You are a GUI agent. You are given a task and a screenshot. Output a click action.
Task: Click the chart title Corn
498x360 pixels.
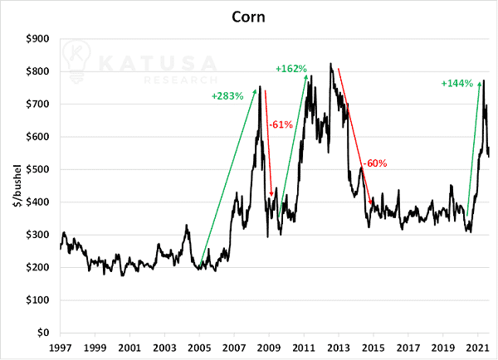click(x=248, y=17)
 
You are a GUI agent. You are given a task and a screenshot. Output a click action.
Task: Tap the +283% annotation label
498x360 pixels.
click(x=227, y=96)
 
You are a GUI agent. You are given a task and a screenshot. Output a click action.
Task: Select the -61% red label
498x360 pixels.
click(x=281, y=124)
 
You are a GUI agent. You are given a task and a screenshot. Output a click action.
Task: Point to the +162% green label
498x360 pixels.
click(x=291, y=69)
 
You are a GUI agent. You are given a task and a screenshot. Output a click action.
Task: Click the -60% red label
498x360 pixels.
click(x=375, y=163)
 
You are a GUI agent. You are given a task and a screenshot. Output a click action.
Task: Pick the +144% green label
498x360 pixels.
click(x=457, y=84)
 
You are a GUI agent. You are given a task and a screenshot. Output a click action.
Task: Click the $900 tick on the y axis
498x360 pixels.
click(x=37, y=39)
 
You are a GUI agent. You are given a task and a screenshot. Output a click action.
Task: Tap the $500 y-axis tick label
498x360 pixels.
click(x=37, y=169)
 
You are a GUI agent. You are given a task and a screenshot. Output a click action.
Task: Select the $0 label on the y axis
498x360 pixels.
click(x=43, y=333)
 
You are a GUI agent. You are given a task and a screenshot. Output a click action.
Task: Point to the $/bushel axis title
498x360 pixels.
click(x=17, y=186)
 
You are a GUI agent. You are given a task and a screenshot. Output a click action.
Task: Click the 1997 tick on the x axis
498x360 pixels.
click(x=60, y=348)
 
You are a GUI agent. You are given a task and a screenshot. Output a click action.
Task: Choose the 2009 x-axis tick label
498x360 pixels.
click(x=269, y=348)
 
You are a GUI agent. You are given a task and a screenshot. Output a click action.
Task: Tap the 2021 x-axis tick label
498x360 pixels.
click(x=477, y=348)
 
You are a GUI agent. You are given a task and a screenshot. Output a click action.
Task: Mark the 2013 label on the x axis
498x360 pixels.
click(x=339, y=348)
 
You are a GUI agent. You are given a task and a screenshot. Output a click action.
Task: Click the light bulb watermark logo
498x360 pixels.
click(x=76, y=61)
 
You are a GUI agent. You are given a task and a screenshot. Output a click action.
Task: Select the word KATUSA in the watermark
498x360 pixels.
click(x=158, y=63)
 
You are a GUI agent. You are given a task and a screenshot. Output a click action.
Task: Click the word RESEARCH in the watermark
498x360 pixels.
click(x=181, y=80)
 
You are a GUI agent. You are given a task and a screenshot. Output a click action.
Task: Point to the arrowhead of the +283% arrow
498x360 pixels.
click(x=255, y=91)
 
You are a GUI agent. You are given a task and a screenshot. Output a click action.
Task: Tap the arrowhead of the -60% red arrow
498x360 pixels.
click(x=370, y=202)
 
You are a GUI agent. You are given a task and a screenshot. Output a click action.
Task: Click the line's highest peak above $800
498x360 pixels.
click(x=330, y=63)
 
